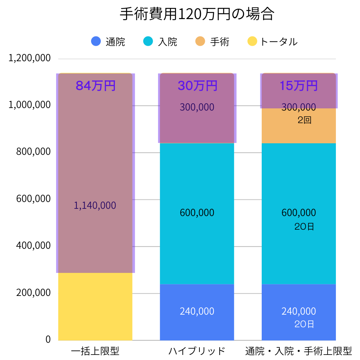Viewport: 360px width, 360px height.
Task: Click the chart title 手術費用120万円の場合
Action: pyautogui.click(x=197, y=15)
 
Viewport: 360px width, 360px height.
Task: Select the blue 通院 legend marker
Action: pyautogui.click(x=96, y=41)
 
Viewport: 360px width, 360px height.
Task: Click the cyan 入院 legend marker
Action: pyautogui.click(x=148, y=41)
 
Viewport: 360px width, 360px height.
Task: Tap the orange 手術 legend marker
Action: pyautogui.click(x=201, y=41)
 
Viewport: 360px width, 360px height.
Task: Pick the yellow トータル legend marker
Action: pyautogui.click(x=252, y=41)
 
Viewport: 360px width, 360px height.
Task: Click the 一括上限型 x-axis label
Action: pyautogui.click(x=95, y=351)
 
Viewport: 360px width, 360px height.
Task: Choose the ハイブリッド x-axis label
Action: pyautogui.click(x=197, y=351)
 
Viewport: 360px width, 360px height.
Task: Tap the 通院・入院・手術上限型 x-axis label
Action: pyautogui.click(x=298, y=351)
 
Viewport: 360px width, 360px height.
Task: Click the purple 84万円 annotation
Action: pyautogui.click(x=95, y=86)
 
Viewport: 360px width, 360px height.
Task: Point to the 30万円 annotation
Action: pyautogui.click(x=197, y=86)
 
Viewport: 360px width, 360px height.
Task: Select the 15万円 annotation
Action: pyautogui.click(x=299, y=86)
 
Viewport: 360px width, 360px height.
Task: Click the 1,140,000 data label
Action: pyautogui.click(x=95, y=206)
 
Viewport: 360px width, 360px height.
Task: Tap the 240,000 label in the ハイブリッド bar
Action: pyautogui.click(x=197, y=311)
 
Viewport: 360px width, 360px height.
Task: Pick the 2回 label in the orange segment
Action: pyautogui.click(x=304, y=121)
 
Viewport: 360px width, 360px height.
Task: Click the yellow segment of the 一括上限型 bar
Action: pyautogui.click(x=95, y=306)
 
